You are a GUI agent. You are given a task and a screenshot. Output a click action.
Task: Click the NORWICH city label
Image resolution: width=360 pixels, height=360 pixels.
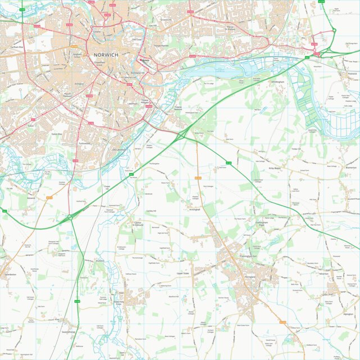(103, 55)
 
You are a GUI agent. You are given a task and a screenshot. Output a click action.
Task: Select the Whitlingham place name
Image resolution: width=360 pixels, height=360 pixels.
(279, 82)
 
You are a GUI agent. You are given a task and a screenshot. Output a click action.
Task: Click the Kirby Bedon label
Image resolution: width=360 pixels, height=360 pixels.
(274, 168)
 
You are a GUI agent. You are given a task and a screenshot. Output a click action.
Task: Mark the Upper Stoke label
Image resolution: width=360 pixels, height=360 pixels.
(184, 273)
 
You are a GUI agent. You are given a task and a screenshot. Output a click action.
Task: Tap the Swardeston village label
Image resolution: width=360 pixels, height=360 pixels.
(10, 275)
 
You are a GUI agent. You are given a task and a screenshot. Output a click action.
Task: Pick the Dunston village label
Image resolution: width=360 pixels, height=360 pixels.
(101, 261)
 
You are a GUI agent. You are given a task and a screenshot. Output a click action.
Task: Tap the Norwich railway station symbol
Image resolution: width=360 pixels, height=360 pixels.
(144, 60)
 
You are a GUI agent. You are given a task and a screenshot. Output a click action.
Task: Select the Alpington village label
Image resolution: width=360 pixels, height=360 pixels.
(347, 315)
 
